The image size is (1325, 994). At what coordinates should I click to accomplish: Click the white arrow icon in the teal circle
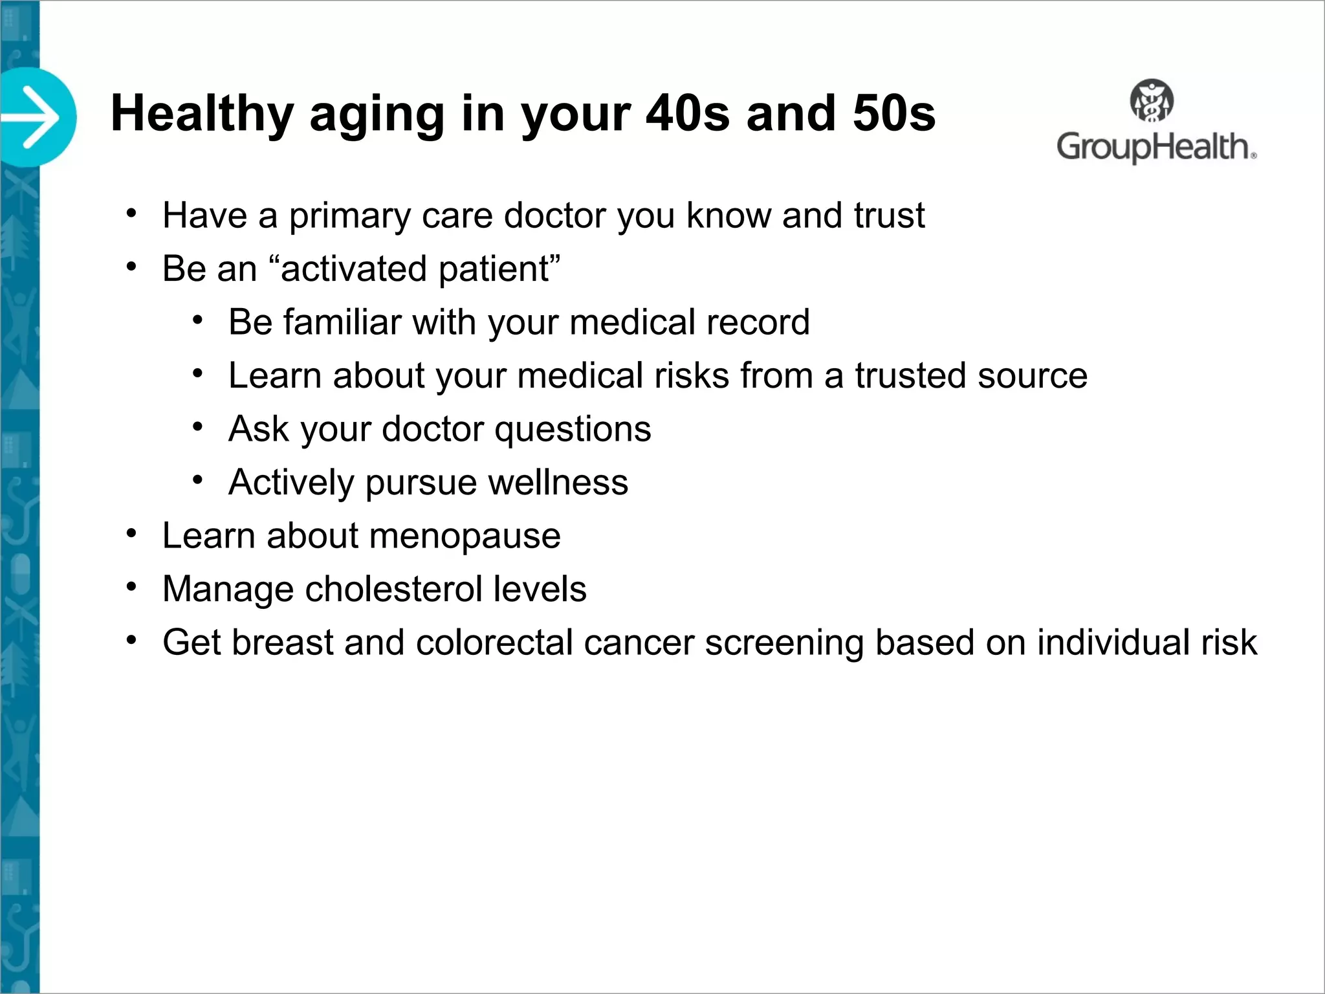[32, 118]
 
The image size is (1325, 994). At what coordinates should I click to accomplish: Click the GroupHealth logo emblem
[1152, 101]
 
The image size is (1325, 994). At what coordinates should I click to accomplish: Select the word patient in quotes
[493, 269]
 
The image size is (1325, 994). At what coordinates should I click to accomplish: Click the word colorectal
[494, 643]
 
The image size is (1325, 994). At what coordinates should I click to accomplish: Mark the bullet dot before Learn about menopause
[132, 534]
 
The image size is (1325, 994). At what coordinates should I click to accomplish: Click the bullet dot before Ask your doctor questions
[198, 427]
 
